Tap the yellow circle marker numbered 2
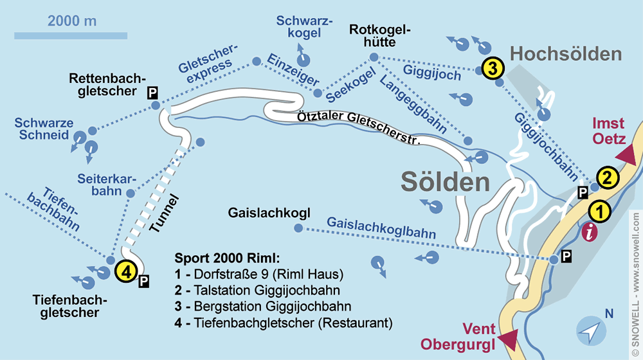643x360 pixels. click(608, 175)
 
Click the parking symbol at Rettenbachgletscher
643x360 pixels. click(152, 93)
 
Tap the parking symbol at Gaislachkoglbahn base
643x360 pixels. click(566, 257)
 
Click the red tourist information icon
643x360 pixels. click(589, 233)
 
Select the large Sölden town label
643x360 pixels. click(445, 182)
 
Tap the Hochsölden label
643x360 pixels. click(566, 53)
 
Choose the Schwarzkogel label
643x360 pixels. click(304, 28)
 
